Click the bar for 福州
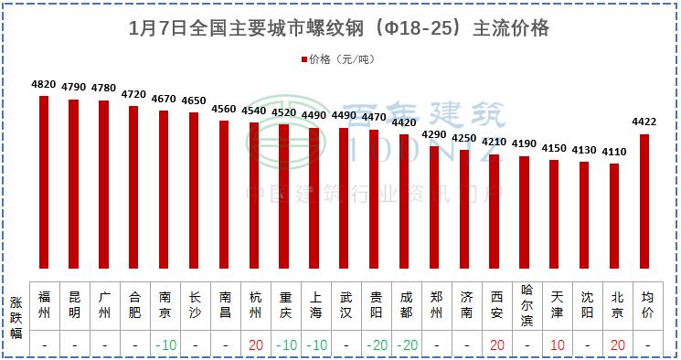pyautogui.click(x=44, y=182)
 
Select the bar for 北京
pyautogui.click(x=615, y=216)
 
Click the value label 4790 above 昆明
pyautogui.click(x=74, y=88)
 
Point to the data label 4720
pyautogui.click(x=133, y=94)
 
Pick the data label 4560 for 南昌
pyautogui.click(x=223, y=109)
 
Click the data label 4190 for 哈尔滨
pyautogui.click(x=525, y=143)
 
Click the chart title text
pyautogui.click(x=340, y=28)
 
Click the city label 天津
pyautogui.click(x=556, y=303)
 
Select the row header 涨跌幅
pyautogui.click(x=16, y=318)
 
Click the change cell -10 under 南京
pyautogui.click(x=165, y=344)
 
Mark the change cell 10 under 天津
pyautogui.click(x=556, y=344)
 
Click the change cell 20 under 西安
pyautogui.click(x=495, y=344)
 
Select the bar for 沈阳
pyautogui.click(x=585, y=215)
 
